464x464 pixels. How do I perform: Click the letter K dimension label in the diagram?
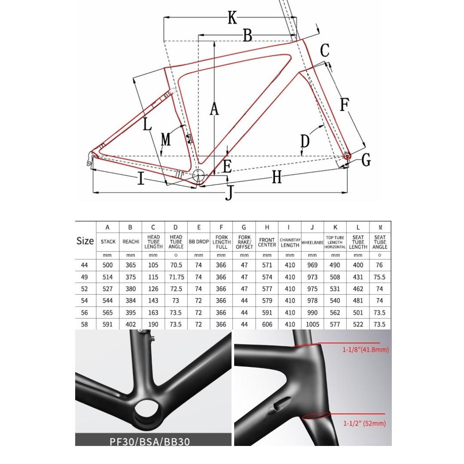[232, 18]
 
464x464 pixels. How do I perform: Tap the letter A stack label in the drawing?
[214, 109]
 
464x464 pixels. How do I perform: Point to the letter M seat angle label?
[166, 139]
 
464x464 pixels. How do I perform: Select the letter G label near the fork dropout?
[366, 160]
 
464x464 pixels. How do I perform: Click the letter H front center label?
[277, 176]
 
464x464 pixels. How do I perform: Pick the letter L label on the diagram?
[147, 124]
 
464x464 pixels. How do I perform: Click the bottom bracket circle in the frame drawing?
[199, 176]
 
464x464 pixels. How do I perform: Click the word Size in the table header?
[85, 241]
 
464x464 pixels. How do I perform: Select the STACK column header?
[108, 242]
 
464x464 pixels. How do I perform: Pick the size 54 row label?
[85, 301]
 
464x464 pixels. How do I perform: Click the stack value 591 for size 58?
[108, 324]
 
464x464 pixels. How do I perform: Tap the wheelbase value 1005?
[312, 324]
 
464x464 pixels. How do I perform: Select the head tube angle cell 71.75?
[176, 277]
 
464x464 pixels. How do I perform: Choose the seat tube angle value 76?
[379, 265]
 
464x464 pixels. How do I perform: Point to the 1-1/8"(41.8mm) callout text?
[365, 350]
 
